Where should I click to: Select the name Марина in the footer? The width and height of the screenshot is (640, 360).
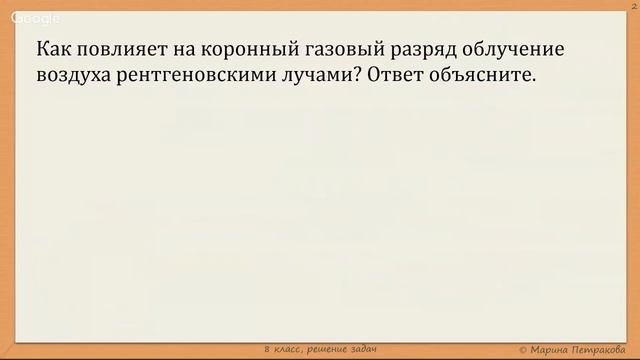click(x=556, y=347)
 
